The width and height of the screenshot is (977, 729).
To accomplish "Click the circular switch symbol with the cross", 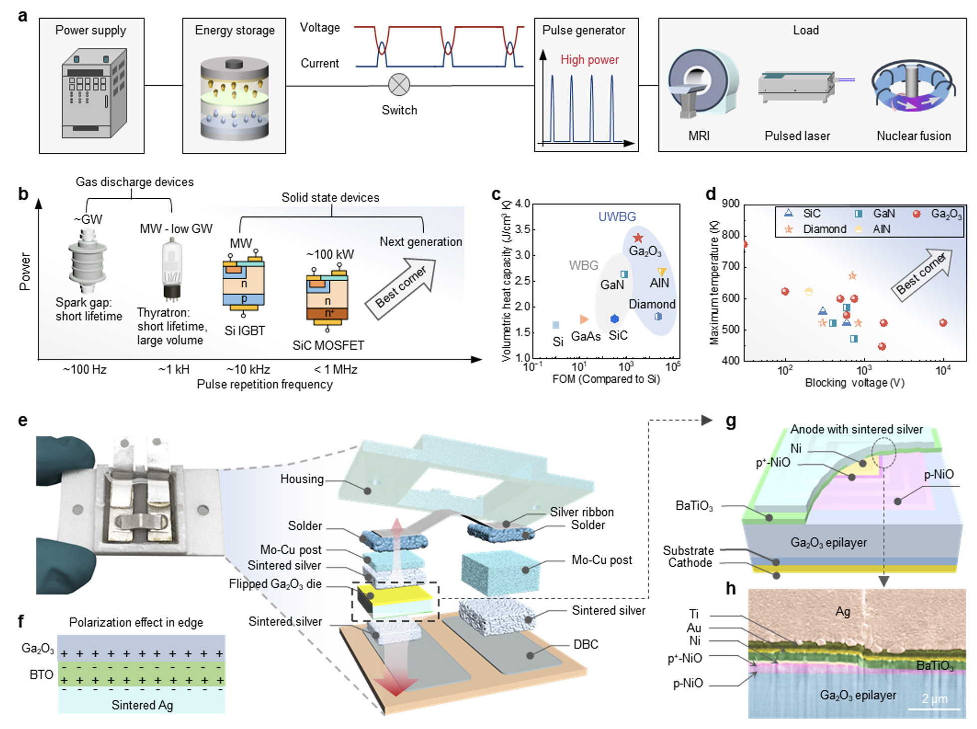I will click(399, 85).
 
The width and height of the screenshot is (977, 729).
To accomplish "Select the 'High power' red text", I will click(589, 60).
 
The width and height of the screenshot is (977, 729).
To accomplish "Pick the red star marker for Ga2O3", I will click(638, 238).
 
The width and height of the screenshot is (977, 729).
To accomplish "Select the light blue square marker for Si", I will click(556, 325).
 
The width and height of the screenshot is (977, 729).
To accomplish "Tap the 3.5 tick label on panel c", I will click(522, 230).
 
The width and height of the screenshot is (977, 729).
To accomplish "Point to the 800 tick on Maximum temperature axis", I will click(731, 235).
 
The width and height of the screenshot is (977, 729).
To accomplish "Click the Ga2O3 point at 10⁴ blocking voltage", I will click(943, 323).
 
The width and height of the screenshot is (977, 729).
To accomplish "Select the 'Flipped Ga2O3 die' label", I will click(275, 584).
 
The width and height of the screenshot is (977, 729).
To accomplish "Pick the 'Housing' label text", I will click(302, 479).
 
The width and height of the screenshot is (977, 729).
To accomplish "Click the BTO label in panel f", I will click(41, 675).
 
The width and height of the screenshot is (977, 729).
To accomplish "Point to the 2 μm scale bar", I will click(933, 708).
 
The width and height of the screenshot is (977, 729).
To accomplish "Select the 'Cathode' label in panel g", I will click(690, 563).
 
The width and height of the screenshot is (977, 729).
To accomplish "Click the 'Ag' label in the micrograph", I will click(842, 612).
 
